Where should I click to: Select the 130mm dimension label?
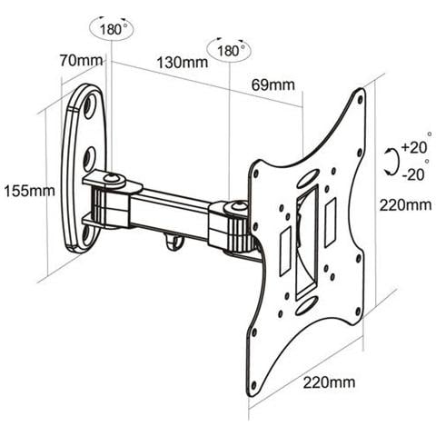(182, 63)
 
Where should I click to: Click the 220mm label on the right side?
(406, 205)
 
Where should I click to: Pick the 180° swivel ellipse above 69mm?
(231, 50)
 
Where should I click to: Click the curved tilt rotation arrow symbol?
(391, 161)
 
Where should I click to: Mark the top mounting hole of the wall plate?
(90, 106)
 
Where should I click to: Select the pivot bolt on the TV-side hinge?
(238, 211)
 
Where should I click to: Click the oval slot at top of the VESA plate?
(308, 179)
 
